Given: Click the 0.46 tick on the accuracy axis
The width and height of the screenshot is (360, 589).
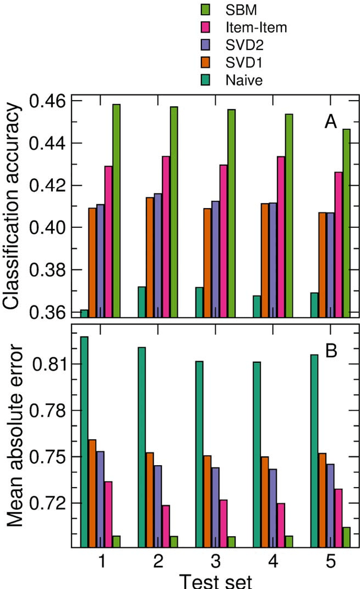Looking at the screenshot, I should [x=49, y=101].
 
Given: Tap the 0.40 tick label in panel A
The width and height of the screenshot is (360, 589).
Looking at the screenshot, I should [x=49, y=228].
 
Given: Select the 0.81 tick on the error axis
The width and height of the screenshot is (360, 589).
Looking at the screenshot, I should [x=49, y=365].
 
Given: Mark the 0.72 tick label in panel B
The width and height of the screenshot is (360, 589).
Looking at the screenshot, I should [x=49, y=502].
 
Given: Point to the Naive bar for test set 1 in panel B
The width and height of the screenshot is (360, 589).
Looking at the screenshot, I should [x=84, y=442].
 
